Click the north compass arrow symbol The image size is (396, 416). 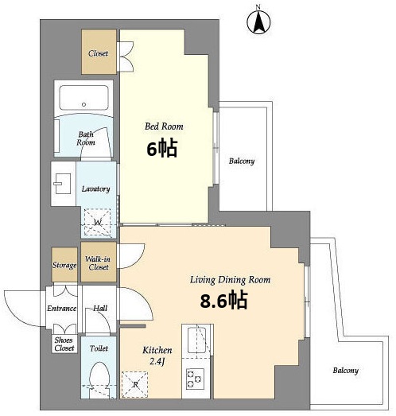pos(258,22)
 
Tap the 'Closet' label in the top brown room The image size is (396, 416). pos(98,53)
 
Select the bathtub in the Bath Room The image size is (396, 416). pos(83,98)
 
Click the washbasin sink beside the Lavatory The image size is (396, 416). pos(62,184)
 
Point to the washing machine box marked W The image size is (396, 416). pos(97,222)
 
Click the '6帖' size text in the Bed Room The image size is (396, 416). pos(162,149)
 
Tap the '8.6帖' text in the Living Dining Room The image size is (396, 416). pos(224,301)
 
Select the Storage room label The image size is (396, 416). pos(64,265)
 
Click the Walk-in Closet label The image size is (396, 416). pos(98,263)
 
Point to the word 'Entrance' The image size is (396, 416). pos(62,309)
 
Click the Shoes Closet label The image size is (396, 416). pos(64,344)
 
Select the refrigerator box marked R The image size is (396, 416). pos(134,384)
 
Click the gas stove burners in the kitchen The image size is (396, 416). pos(195,379)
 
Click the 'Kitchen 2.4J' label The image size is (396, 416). pos(157,356)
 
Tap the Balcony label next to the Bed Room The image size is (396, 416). pos(242,161)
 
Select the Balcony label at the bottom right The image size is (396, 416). pos(346,371)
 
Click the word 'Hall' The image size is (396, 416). pos(100,309)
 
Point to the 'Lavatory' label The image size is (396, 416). pos(95,189)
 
